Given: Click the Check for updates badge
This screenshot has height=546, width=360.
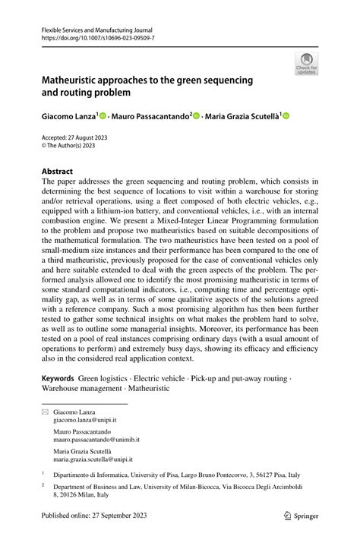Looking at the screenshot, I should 307,64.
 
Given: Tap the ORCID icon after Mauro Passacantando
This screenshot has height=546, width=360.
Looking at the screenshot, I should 196,115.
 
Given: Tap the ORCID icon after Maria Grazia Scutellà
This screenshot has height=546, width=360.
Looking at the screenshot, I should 286,115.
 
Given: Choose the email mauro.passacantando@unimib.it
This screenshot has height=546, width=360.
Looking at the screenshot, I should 96,439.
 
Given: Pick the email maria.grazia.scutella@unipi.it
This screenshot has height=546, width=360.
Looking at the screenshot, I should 93,459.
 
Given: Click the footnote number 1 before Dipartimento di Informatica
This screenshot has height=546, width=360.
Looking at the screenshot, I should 43,472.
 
